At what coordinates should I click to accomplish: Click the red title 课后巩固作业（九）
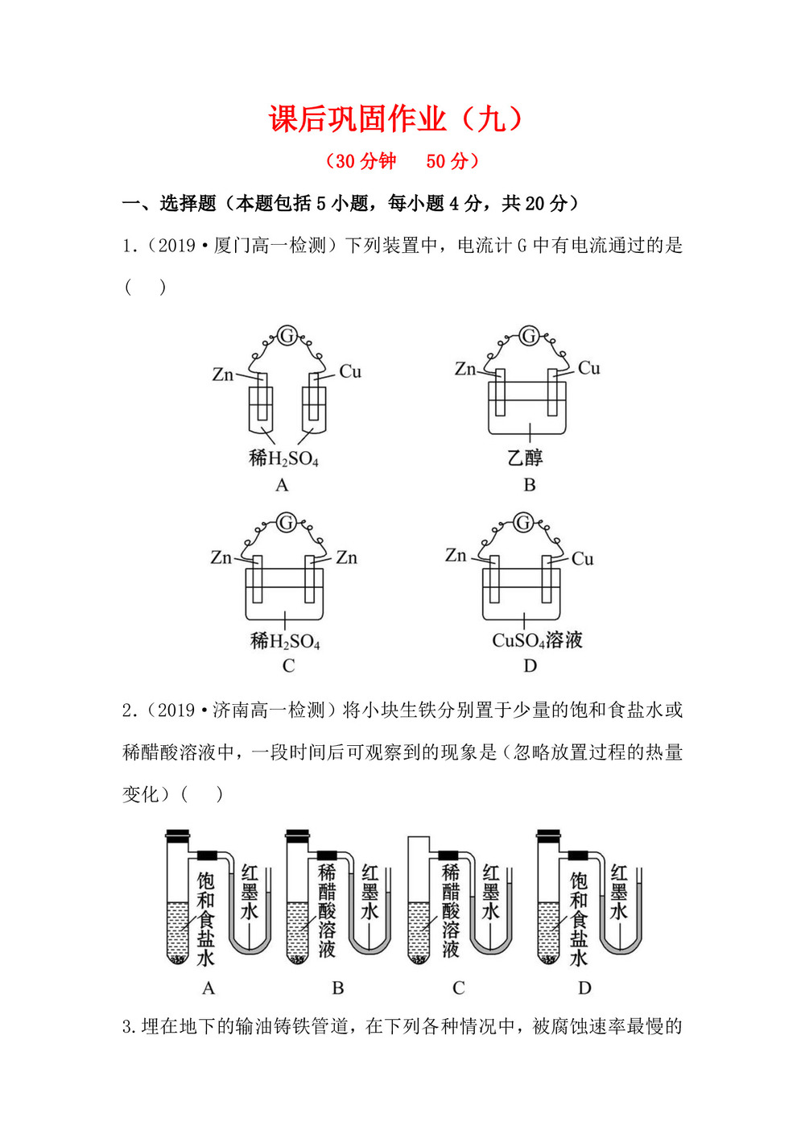click(395, 119)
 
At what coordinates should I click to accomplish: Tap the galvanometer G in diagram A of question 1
click(287, 335)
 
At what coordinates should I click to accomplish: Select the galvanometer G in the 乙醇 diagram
click(529, 335)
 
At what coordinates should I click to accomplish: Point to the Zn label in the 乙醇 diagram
click(465, 369)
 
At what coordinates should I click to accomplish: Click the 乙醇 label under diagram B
click(525, 458)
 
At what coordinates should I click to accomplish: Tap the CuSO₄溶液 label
click(537, 640)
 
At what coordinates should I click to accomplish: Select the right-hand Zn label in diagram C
click(346, 557)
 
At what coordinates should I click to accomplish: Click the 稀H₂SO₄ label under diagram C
click(285, 641)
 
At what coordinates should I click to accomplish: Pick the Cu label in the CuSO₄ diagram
click(583, 558)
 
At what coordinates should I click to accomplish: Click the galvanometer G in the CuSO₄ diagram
click(524, 522)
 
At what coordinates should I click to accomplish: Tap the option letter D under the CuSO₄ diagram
click(530, 665)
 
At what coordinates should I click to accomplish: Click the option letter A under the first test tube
click(208, 988)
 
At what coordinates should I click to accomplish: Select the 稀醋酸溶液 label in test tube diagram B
click(327, 910)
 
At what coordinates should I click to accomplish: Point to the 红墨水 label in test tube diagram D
click(618, 893)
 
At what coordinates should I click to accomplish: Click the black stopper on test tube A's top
click(177, 835)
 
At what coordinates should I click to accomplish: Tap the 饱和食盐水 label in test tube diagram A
click(206, 918)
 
